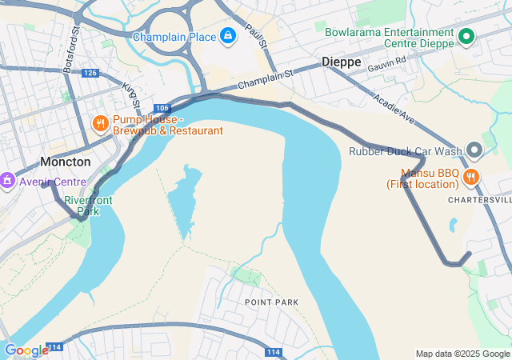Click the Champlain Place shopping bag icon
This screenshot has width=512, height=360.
coord(229,37)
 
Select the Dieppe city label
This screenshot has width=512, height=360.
coord(342,62)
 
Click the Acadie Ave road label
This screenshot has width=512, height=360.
coord(397,109)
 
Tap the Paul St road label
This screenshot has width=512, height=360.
coord(255,37)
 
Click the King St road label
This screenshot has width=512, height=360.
coord(131,94)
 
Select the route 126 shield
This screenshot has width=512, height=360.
coord(90,73)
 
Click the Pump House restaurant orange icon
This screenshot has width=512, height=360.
coord(100,123)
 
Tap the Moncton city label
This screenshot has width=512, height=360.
coord(66,162)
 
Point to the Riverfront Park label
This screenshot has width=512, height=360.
coord(85,206)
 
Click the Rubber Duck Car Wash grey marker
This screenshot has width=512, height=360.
coord(474,150)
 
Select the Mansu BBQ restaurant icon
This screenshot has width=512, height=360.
coord(471,178)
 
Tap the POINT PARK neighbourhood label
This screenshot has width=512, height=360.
coord(272,302)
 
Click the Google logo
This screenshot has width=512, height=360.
coord(26,350)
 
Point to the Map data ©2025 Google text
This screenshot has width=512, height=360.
coord(462,354)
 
